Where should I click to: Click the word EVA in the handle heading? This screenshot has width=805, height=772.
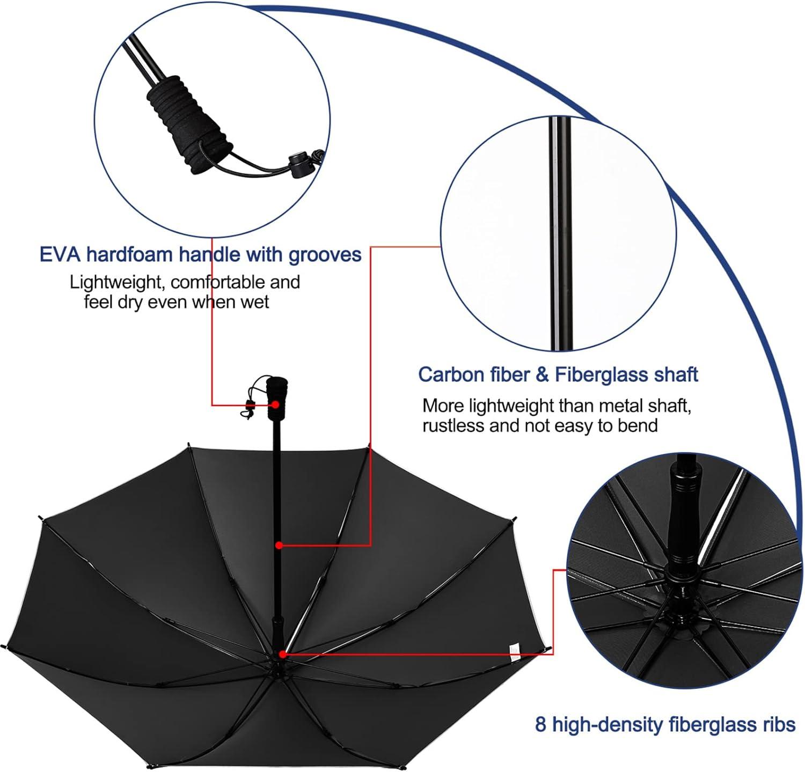[x=60, y=254]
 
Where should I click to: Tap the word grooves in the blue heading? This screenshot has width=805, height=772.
[x=325, y=254]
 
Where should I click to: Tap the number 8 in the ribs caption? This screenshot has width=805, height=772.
[x=541, y=725]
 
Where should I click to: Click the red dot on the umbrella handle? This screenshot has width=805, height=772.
[x=275, y=405]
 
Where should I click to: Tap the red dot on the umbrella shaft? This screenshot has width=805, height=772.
[x=279, y=545]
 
